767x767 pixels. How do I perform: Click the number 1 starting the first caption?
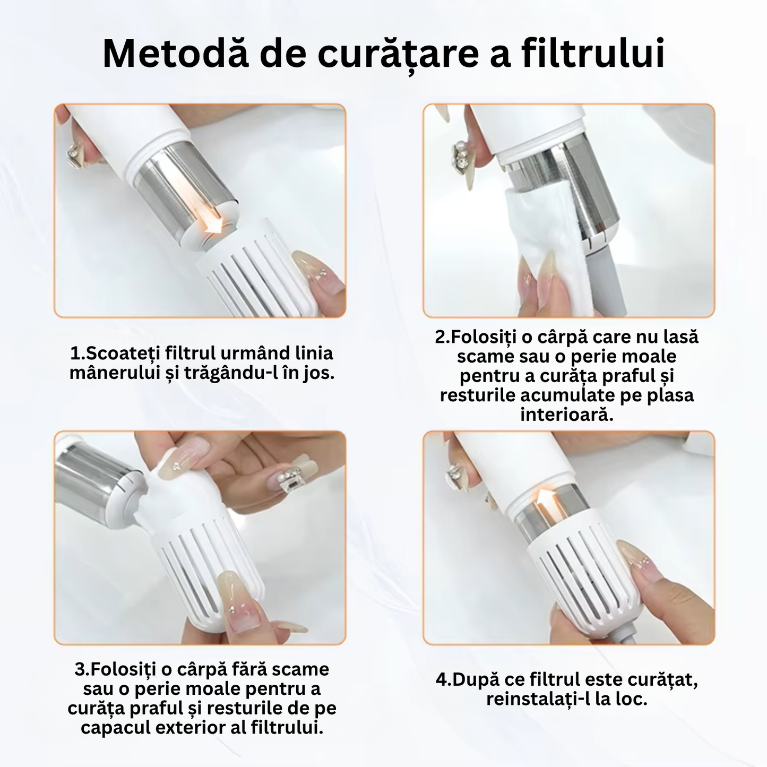74,354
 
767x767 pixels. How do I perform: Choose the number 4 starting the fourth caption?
442,679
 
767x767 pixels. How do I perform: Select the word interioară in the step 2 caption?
566,415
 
